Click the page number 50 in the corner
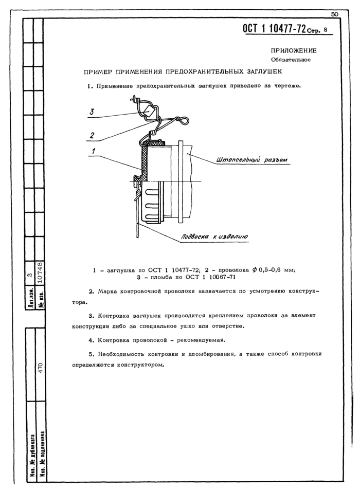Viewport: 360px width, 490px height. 334,14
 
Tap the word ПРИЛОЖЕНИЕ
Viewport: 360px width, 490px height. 294,50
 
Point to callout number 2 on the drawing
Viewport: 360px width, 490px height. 91,135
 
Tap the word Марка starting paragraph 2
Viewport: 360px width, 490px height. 109,292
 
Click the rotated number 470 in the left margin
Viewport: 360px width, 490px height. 46,367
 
